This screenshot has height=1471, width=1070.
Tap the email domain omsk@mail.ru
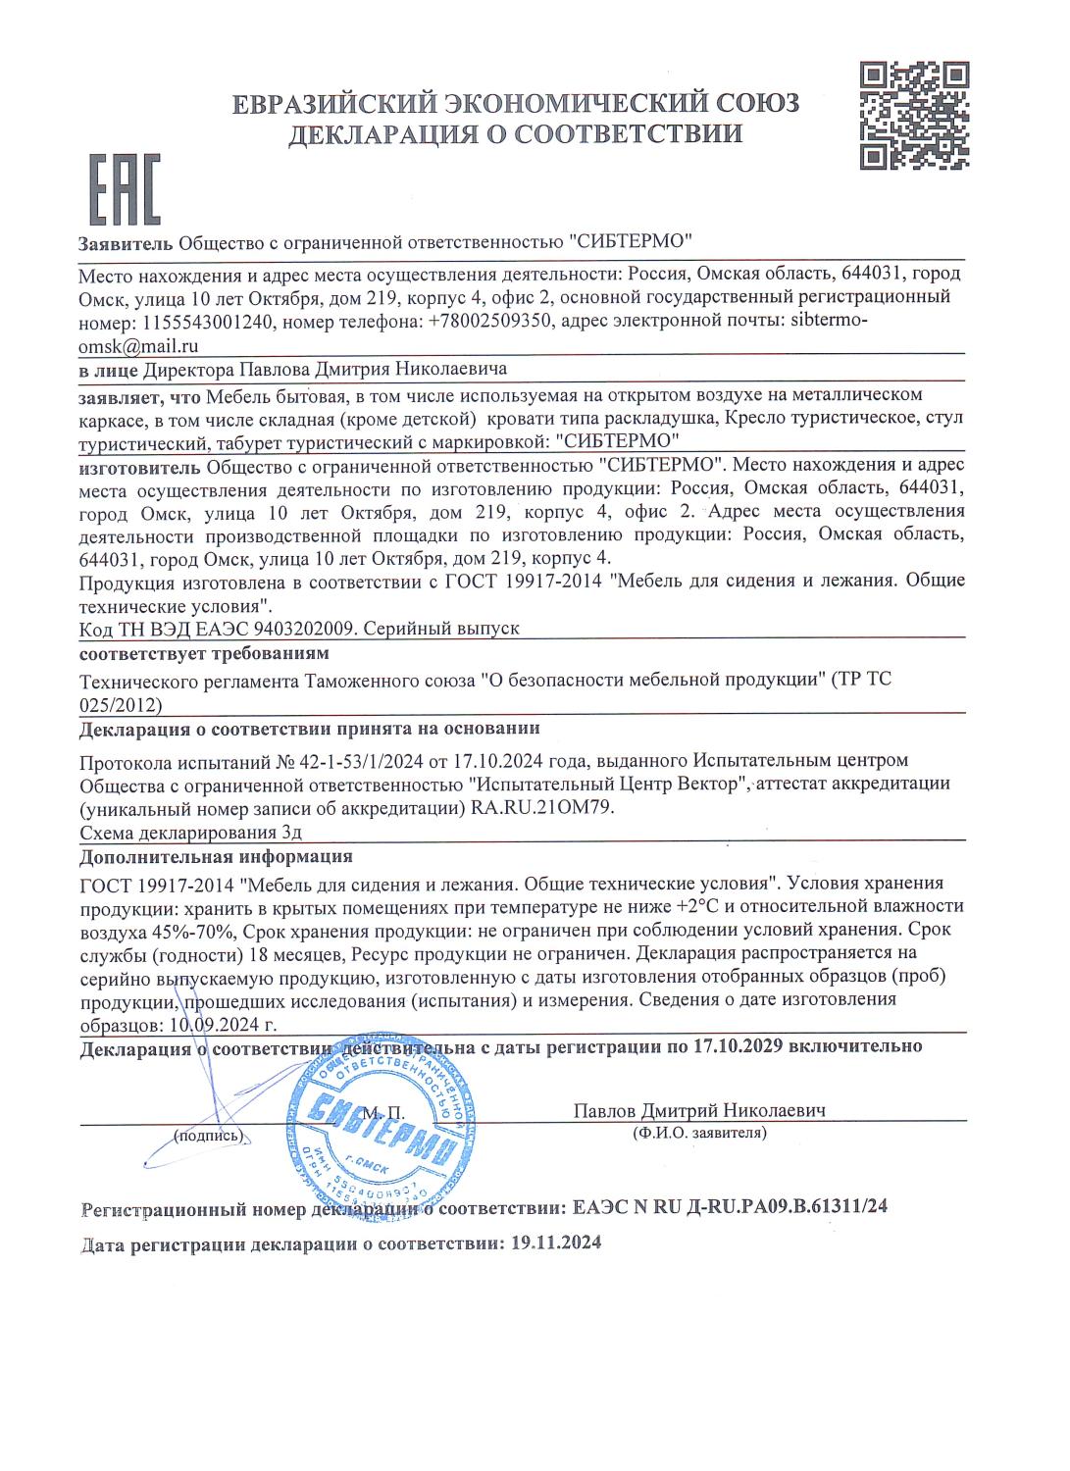[138, 345]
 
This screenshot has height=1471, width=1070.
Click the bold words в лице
[109, 370]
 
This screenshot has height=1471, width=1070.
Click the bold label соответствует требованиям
[204, 653]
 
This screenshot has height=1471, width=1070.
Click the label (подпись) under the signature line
[207, 1136]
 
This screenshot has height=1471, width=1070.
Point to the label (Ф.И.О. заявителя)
[700, 1134]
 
